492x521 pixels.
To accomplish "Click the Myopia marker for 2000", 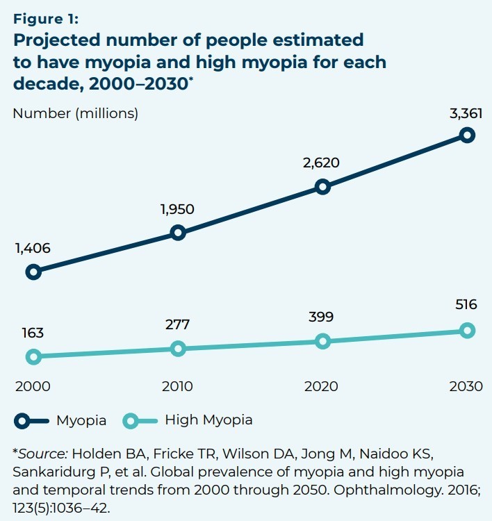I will (33, 272).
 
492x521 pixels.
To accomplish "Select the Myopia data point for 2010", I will (178, 232).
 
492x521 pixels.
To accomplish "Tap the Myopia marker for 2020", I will (322, 186).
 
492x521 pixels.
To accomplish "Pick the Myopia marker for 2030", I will (467, 135).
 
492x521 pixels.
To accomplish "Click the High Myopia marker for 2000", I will (33, 356).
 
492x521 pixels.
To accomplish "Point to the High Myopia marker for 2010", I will (178, 348).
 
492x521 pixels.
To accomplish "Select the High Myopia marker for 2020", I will (322, 340).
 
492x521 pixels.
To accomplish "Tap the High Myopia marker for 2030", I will (467, 330).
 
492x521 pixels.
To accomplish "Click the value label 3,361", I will (466, 113).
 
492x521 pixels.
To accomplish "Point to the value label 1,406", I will (33, 248).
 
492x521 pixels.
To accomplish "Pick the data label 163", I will (32, 333).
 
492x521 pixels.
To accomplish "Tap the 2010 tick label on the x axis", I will (177, 387).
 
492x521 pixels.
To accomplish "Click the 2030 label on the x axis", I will (466, 387).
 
